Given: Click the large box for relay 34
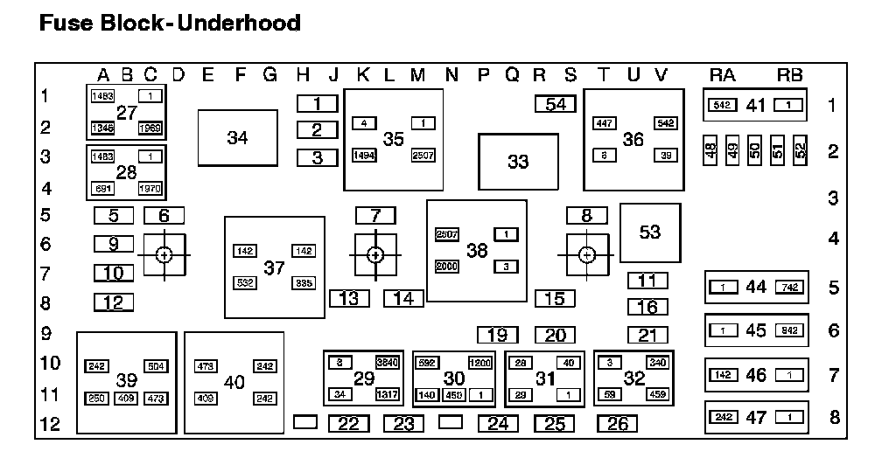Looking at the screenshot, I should pyautogui.click(x=237, y=137).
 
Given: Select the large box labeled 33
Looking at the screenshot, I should pyautogui.click(x=518, y=162).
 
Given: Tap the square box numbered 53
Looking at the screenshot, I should pyautogui.click(x=650, y=232).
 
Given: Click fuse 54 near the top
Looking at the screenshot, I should pyautogui.click(x=556, y=104).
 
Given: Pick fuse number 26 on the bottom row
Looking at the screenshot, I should pyautogui.click(x=617, y=424).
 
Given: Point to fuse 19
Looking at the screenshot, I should pyautogui.click(x=497, y=335).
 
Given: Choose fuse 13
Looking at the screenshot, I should pyautogui.click(x=349, y=298).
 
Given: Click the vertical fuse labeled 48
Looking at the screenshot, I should pyautogui.click(x=710, y=150).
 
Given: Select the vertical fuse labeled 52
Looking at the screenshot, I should pyautogui.click(x=800, y=150).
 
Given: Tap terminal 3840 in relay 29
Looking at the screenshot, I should pyautogui.click(x=386, y=362).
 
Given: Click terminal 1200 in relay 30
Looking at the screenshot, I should pyautogui.click(x=479, y=362).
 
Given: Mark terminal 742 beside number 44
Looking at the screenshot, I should pyautogui.click(x=787, y=287).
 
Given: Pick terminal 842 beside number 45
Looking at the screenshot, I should pyautogui.click(x=787, y=330).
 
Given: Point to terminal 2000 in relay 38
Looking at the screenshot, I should pyautogui.click(x=447, y=266).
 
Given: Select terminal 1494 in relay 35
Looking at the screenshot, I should pyautogui.click(x=364, y=155).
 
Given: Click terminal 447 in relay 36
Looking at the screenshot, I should pyautogui.click(x=605, y=123).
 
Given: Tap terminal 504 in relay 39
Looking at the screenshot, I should pyautogui.click(x=155, y=366).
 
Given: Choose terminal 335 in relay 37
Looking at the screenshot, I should pyautogui.click(x=304, y=282).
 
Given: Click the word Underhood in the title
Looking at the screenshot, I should pyautogui.click(x=239, y=23).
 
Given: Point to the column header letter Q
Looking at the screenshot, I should pyautogui.click(x=513, y=75).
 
